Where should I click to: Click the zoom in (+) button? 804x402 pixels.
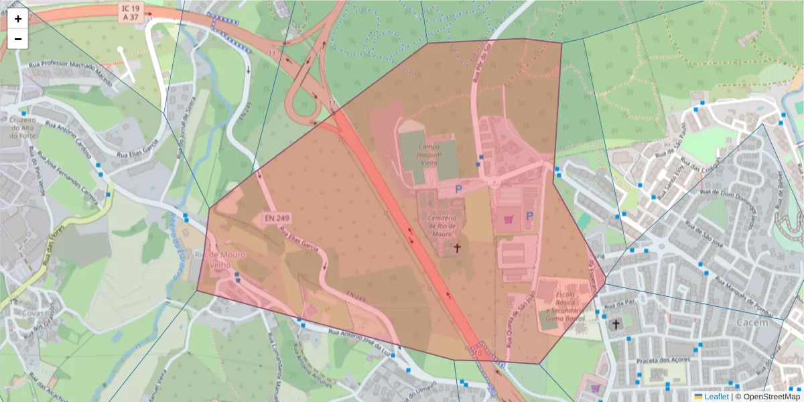point(18,19)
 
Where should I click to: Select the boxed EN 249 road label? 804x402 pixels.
point(277,218)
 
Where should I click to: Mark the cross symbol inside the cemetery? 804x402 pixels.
point(458,248)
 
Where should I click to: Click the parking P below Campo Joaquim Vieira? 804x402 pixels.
point(459,190)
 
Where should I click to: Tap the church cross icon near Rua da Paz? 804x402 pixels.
point(616,324)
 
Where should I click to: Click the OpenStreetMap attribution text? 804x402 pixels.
point(767,397)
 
